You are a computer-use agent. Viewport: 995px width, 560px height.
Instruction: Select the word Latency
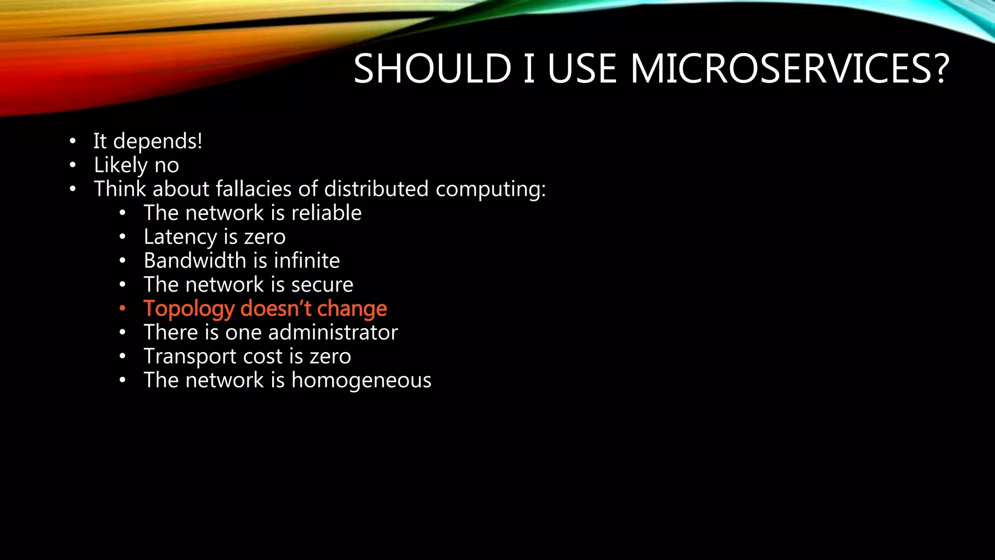(180, 237)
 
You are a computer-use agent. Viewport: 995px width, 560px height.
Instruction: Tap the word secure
(322, 285)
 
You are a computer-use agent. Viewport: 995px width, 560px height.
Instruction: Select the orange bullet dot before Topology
(122, 308)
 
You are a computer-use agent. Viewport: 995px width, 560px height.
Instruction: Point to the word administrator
(333, 332)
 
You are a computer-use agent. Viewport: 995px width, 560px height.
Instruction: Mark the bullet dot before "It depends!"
(72, 141)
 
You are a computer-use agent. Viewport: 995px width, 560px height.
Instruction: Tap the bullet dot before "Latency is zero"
(122, 237)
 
